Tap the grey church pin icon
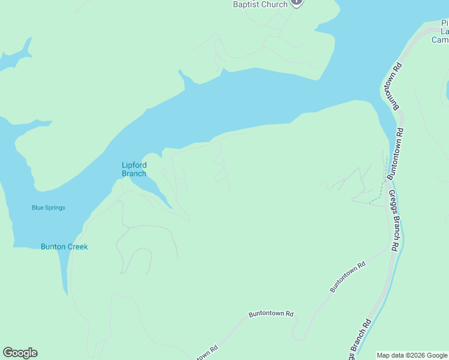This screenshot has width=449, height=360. click(x=296, y=2)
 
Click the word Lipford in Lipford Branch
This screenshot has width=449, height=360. click(x=134, y=165)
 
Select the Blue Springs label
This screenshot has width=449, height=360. click(x=48, y=208)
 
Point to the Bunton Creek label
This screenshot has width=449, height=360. click(x=64, y=247)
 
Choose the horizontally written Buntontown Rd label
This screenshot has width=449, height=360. click(x=271, y=314)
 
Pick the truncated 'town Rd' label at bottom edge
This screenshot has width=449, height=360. click(x=206, y=353)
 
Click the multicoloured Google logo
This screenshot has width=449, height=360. click(x=20, y=353)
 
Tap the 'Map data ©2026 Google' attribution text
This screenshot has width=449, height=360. click(x=412, y=355)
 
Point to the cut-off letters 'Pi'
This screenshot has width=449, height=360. click(x=445, y=23)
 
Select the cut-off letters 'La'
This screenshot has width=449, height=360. click(x=445, y=31)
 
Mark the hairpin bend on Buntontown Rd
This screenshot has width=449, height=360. click(x=295, y=336)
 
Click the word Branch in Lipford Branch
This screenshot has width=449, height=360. click(x=134, y=173)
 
